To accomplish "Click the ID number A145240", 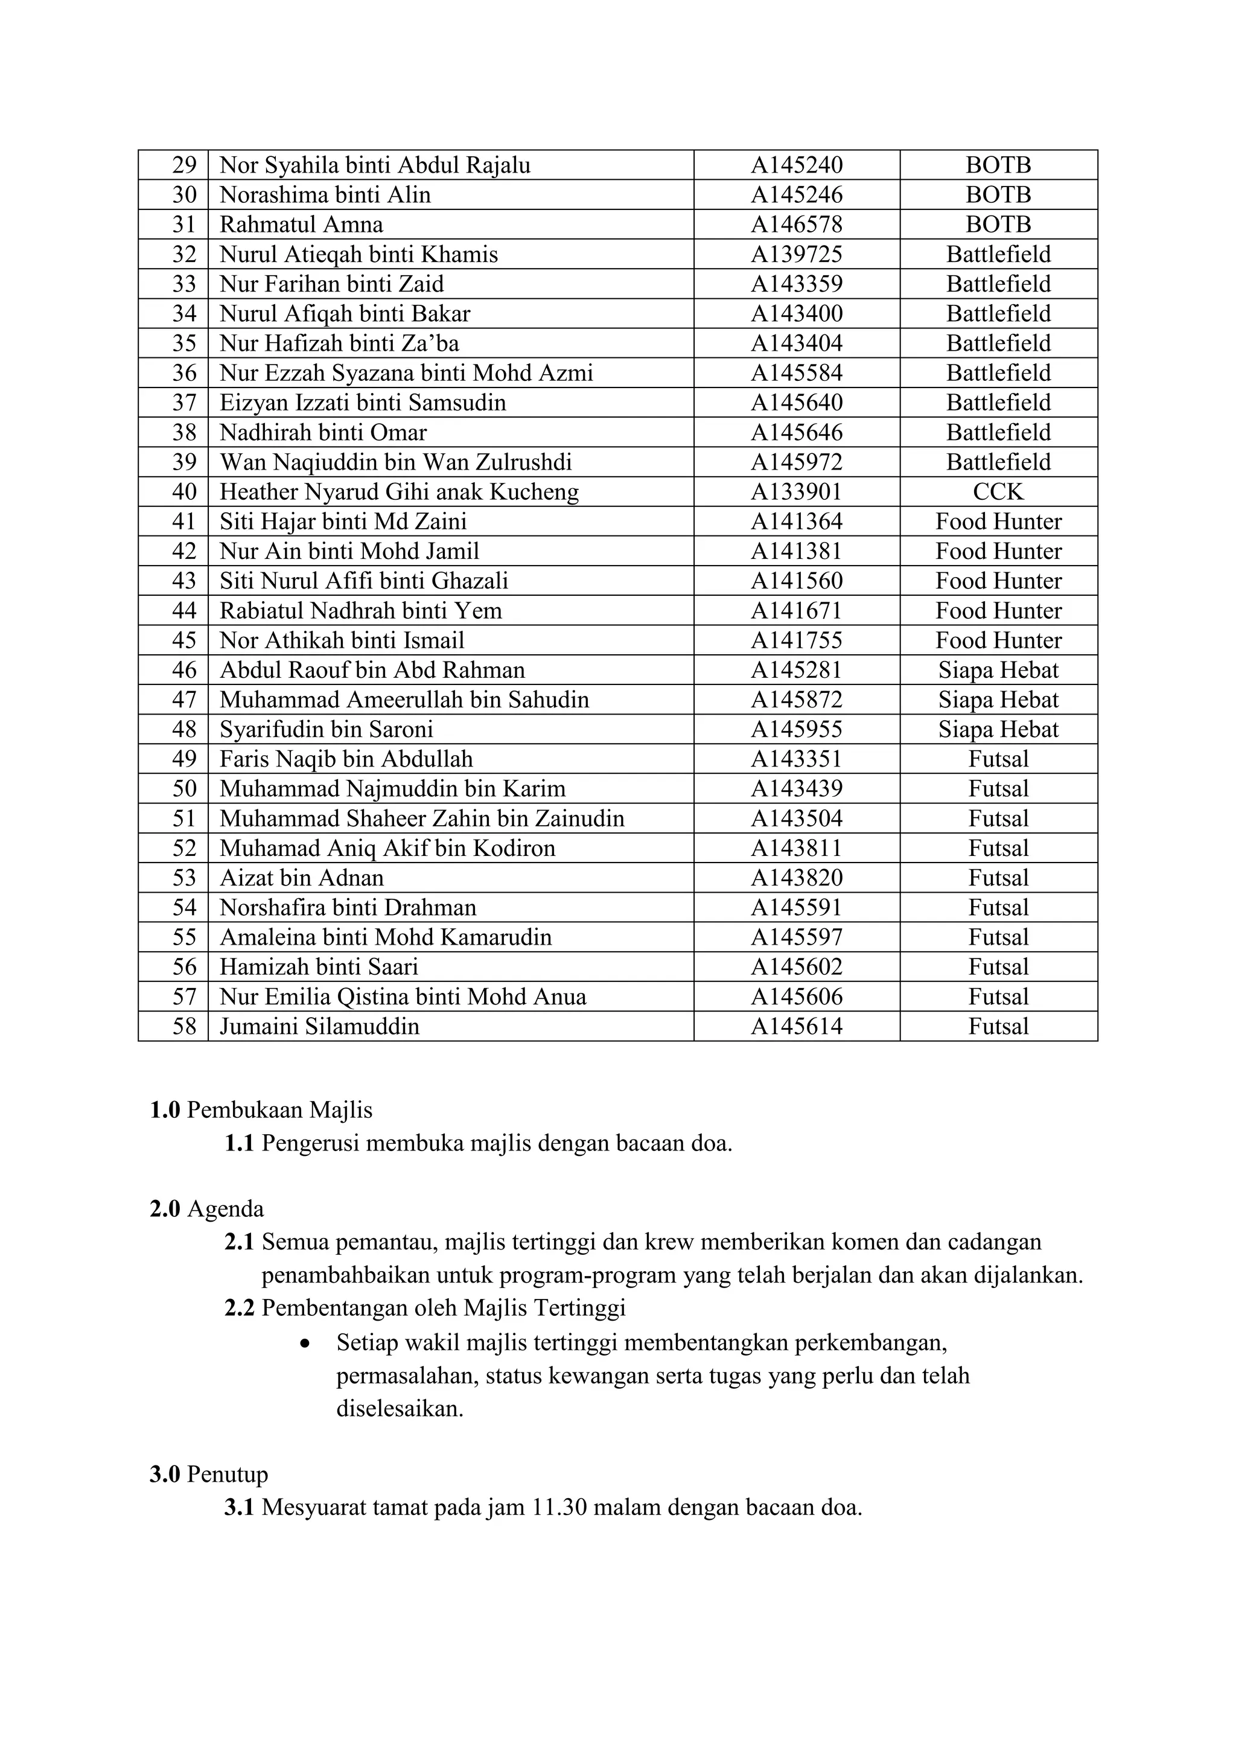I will (796, 165).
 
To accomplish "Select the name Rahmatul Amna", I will (301, 225).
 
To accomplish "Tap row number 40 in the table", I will (184, 492).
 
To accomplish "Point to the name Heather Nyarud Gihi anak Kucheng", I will (399, 492).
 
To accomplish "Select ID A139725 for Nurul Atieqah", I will (796, 254).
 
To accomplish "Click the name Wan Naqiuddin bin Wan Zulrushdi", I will (395, 462).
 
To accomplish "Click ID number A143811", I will (796, 848).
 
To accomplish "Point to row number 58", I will (184, 1026).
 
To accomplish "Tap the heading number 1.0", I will (164, 1111).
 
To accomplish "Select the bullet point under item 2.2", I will (305, 1344).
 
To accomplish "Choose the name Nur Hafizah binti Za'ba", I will (339, 343).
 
